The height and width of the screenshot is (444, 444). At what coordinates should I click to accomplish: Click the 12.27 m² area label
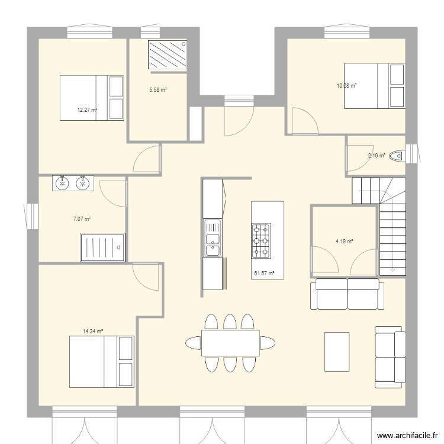click(x=87, y=110)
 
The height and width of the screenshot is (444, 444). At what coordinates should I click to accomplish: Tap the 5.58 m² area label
click(x=157, y=90)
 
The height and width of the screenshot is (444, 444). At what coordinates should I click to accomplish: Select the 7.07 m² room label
click(x=82, y=219)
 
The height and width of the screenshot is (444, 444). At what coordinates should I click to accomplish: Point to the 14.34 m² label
click(x=94, y=332)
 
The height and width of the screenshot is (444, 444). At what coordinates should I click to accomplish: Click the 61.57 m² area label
click(x=263, y=274)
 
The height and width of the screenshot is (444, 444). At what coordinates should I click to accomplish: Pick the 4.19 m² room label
click(x=344, y=242)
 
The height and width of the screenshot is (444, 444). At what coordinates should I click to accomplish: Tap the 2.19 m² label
click(x=377, y=156)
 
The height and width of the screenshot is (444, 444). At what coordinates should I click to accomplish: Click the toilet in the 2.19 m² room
click(x=400, y=156)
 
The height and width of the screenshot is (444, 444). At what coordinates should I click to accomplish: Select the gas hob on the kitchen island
click(x=261, y=241)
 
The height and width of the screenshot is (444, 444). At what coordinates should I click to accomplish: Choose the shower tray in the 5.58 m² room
click(x=168, y=55)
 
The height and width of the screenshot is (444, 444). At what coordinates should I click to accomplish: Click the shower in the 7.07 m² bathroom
click(x=102, y=247)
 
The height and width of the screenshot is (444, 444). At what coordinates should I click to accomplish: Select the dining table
click(x=230, y=342)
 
